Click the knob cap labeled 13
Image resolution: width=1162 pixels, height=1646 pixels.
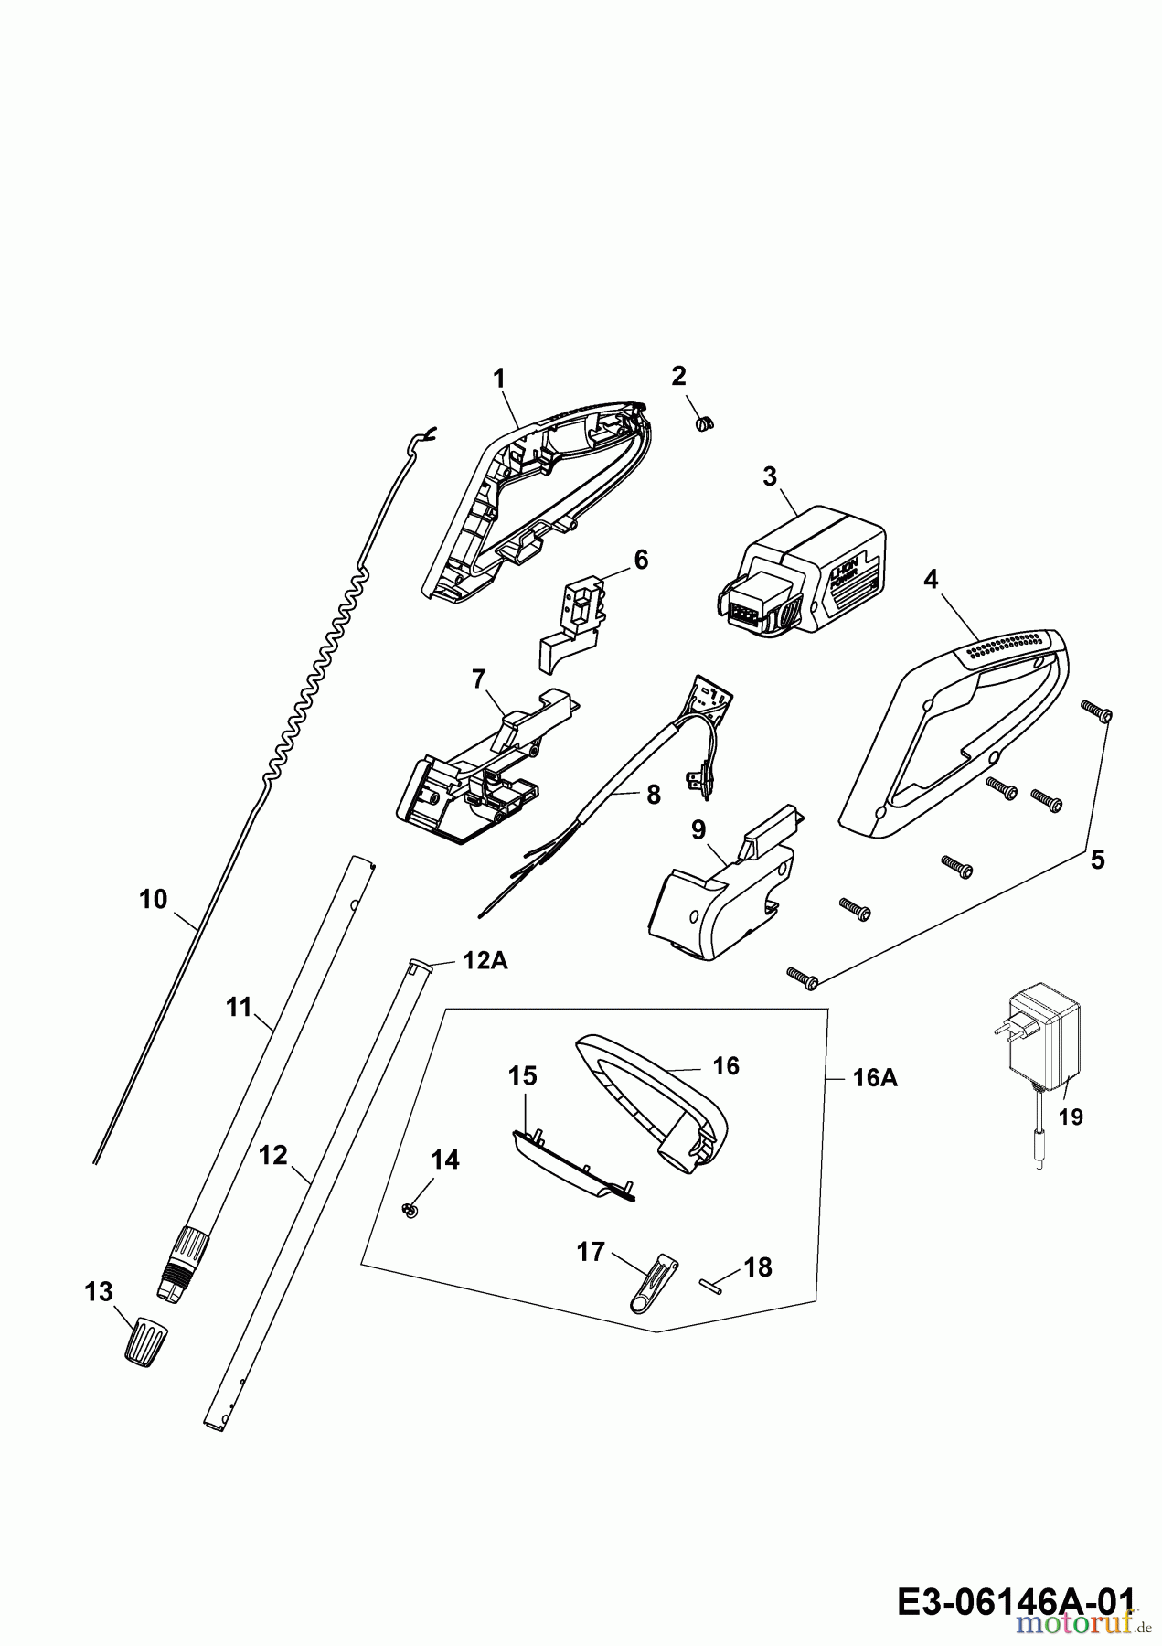tap(144, 1341)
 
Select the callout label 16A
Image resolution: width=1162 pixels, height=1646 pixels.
tap(875, 1079)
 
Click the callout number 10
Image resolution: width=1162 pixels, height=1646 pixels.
tap(154, 900)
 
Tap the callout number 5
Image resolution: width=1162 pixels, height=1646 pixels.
tap(1097, 860)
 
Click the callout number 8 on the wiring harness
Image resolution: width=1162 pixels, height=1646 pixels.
tap(652, 795)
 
